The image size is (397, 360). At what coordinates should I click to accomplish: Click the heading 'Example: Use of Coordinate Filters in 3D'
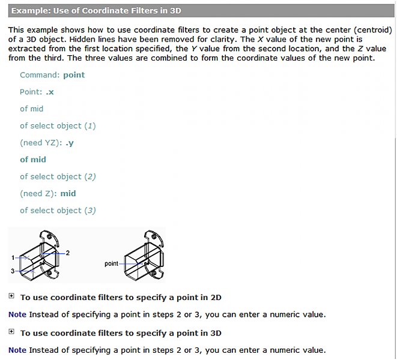coord(96,11)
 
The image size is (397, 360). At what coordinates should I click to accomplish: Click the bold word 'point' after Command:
coord(74,75)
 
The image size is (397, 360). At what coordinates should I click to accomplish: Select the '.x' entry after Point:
coord(50,92)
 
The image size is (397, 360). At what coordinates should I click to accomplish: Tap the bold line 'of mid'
coord(32,160)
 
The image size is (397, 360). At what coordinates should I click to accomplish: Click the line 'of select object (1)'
coord(58,126)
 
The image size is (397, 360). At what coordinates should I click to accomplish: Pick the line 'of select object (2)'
coord(58,176)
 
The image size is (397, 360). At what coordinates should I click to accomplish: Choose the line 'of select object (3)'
coord(58,211)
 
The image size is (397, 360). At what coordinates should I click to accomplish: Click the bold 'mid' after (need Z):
coord(68,194)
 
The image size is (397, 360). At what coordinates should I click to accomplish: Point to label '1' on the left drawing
coord(13,257)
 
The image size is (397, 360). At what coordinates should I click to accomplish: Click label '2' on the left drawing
coord(68,253)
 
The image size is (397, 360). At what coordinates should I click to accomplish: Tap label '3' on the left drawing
coord(13,271)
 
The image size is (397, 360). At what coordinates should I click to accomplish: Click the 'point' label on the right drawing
coord(111,263)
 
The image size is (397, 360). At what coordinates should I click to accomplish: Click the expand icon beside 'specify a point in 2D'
coord(11,296)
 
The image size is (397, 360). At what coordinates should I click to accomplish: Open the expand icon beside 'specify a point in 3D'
coord(11,332)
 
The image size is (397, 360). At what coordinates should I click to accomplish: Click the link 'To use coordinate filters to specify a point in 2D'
coord(121,298)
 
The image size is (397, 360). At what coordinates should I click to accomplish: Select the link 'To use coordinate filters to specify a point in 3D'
coord(121,333)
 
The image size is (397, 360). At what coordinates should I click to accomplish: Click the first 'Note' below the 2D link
coord(17,314)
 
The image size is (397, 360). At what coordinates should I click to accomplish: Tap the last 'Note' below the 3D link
coord(17,350)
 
